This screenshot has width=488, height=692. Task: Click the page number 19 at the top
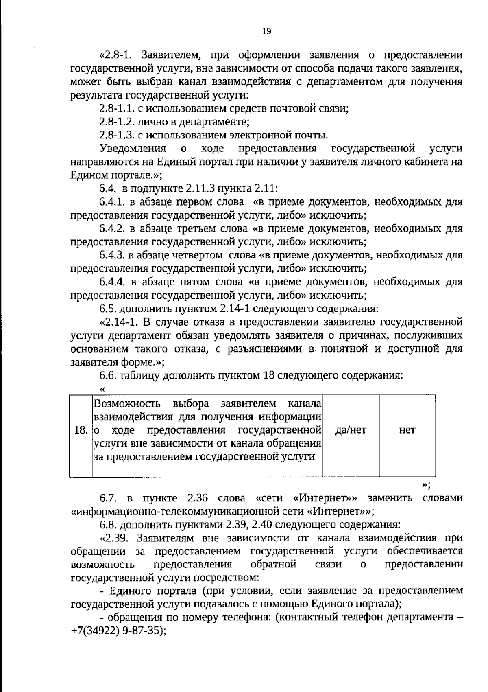coord(267,31)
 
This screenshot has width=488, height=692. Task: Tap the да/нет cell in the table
coord(351,430)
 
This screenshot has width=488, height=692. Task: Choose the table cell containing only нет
coord(407,430)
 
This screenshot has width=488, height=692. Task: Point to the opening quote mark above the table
coord(102,389)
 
